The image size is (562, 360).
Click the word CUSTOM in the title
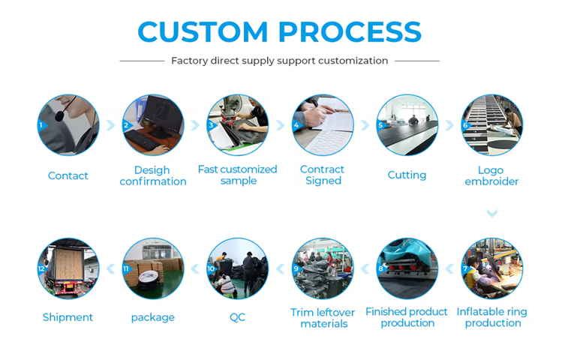(x=203, y=32)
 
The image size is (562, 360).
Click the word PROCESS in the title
(x=350, y=32)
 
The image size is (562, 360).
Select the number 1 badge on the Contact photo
(x=43, y=125)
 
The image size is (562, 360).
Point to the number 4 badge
(x=298, y=125)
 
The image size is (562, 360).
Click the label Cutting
(x=407, y=175)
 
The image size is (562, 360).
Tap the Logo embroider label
(x=491, y=175)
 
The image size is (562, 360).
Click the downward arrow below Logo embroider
(x=492, y=214)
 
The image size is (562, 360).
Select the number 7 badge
(x=466, y=268)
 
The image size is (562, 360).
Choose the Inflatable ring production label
(x=492, y=317)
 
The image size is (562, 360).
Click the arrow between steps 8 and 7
(x=449, y=268)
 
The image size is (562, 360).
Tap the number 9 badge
(x=297, y=268)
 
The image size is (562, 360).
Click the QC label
(x=237, y=317)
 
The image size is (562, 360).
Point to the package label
(x=152, y=318)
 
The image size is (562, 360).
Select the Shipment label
(x=68, y=317)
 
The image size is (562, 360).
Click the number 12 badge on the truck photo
(x=42, y=268)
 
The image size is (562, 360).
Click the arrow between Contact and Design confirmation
(x=110, y=125)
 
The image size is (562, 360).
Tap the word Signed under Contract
(x=323, y=181)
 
